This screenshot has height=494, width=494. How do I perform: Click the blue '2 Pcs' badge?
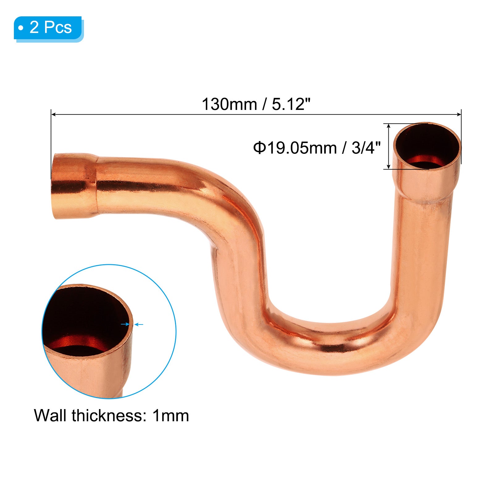(x=48, y=28)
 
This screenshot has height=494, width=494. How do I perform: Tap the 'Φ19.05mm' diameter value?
(x=295, y=148)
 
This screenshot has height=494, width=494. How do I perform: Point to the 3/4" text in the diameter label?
(x=366, y=148)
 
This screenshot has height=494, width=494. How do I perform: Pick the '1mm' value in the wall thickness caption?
(x=171, y=416)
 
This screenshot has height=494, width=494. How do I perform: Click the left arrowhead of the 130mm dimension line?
(x=53, y=115)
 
